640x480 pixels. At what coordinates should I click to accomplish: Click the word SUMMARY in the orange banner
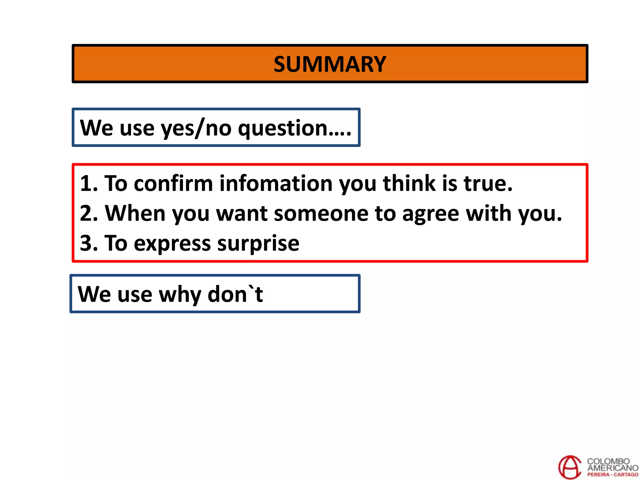pyautogui.click(x=330, y=64)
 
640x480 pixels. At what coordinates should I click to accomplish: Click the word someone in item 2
pyautogui.click(x=321, y=214)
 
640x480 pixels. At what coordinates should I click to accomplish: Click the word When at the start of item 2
pyautogui.click(x=135, y=213)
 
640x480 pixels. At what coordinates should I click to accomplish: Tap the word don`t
pyautogui.click(x=235, y=294)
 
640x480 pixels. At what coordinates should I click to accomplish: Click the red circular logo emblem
pyautogui.click(x=570, y=467)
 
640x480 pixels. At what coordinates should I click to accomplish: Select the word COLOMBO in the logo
pyautogui.click(x=608, y=461)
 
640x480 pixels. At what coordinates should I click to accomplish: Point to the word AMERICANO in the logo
pyautogui.click(x=612, y=468)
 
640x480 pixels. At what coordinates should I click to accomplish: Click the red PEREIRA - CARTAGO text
pyautogui.click(x=612, y=475)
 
